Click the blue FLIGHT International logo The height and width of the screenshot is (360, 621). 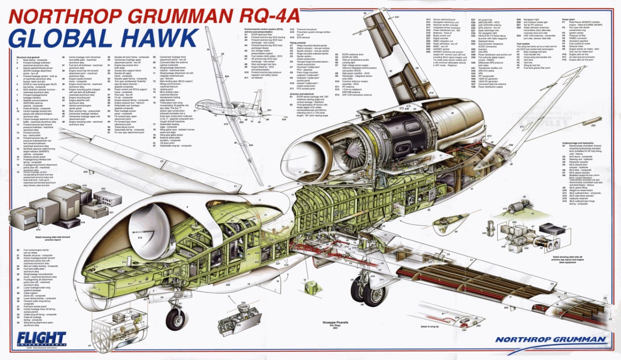coord(41,338)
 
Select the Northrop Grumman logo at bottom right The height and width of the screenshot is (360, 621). coord(550,339)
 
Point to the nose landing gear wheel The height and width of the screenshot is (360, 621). coord(175,319)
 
